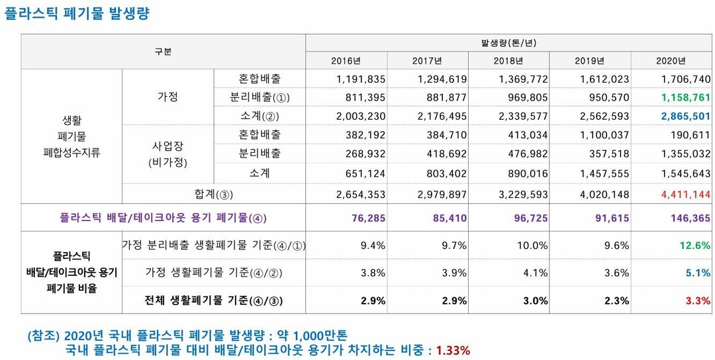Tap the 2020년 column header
671,61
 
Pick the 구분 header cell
163,52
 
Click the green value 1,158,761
685,97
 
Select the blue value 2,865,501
685,116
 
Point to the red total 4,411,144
685,195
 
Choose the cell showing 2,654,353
361,195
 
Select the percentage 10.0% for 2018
532,246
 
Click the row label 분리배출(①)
260,97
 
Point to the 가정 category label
167,97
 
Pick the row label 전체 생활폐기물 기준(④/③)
214,300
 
